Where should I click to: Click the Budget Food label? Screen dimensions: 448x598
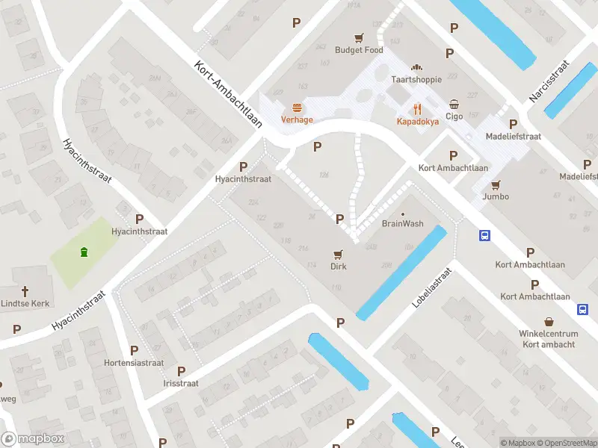[x=359, y=50]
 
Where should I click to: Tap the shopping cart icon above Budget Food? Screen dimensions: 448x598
[x=359, y=37]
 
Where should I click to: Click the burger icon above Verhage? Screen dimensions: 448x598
[x=297, y=108]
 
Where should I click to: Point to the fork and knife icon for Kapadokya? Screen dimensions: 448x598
[x=417, y=108]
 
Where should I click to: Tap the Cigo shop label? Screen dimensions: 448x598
[x=454, y=116]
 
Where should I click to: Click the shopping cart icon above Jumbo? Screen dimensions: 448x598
[x=496, y=184]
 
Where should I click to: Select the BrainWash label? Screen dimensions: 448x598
[x=403, y=223]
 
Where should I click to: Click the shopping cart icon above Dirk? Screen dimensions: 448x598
[x=339, y=254]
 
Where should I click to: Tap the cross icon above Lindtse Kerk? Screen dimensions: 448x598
[x=25, y=291]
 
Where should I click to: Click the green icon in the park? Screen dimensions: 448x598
[x=84, y=252]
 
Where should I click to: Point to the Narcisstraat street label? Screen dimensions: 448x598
[x=549, y=80]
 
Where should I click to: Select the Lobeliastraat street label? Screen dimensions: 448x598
[x=432, y=288]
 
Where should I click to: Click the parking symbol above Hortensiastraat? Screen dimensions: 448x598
[x=134, y=350]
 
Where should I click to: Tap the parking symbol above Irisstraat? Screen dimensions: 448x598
[x=181, y=371]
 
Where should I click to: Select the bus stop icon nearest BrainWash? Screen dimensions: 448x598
[x=485, y=236]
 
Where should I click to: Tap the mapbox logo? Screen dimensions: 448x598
[x=32, y=439]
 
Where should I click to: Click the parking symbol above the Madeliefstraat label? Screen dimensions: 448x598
[x=513, y=124]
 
